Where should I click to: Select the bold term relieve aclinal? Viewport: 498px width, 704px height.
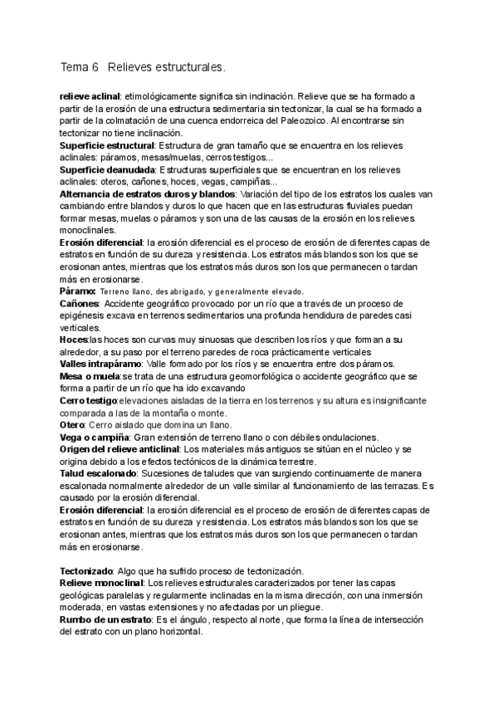click(90, 96)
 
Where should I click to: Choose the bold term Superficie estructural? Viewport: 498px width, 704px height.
click(107, 144)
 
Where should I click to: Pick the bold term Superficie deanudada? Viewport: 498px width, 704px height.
click(107, 169)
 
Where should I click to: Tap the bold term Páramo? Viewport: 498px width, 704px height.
click(77, 291)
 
